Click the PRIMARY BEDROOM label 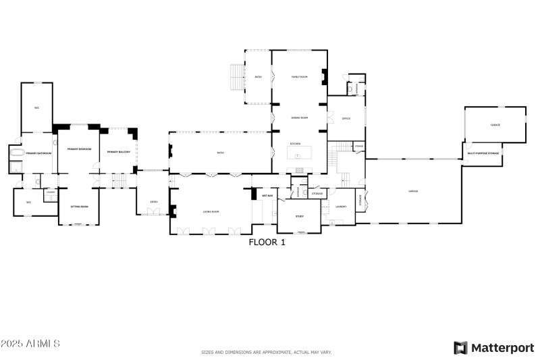point(79,149)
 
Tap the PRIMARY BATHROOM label point(38,153)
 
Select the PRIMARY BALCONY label point(119,151)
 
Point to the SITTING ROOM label point(80,206)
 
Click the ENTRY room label point(154,201)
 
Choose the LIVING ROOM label point(211,211)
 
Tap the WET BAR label point(267,196)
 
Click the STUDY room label point(300,216)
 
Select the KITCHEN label point(295,144)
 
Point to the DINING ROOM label point(300,118)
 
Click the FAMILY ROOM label point(300,77)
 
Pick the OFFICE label point(346,118)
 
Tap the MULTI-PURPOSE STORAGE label point(483,153)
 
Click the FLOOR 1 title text point(267,242)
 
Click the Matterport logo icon point(460,348)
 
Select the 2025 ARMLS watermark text point(30,344)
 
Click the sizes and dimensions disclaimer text point(267,352)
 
